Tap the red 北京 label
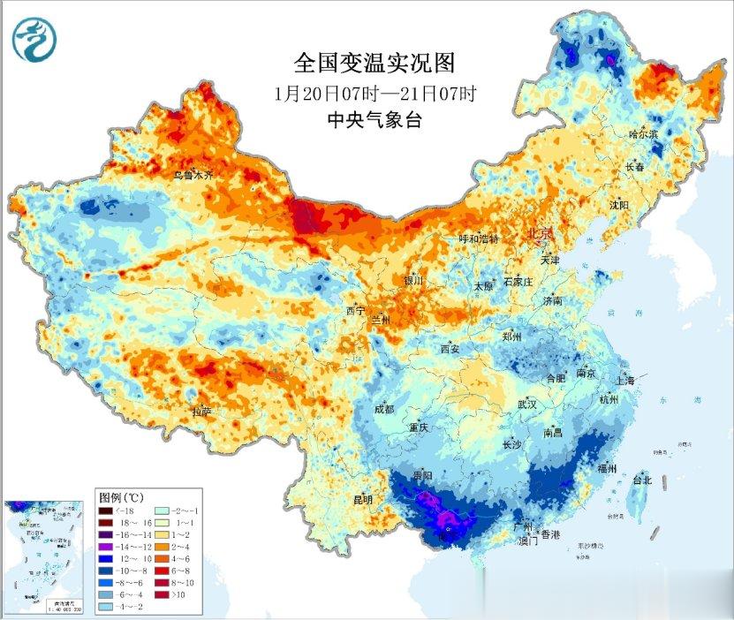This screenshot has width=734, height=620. point(539,233)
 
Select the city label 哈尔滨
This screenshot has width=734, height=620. point(644,134)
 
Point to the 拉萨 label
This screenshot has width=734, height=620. point(201,411)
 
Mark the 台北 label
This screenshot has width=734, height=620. point(641,480)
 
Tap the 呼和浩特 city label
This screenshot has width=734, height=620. point(479,239)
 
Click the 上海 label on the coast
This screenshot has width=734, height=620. point(626,381)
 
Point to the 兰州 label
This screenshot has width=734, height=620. point(381,318)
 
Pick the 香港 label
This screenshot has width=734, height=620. point(550,535)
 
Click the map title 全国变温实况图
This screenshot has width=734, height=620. point(374,64)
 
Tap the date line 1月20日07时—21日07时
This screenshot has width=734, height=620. point(375,93)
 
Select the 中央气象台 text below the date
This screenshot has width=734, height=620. point(375,120)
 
